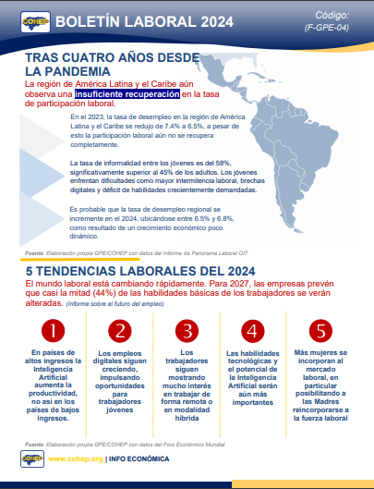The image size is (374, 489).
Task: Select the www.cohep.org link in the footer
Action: coord(77,458)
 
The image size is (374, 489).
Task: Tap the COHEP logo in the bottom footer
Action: coord(29,458)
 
